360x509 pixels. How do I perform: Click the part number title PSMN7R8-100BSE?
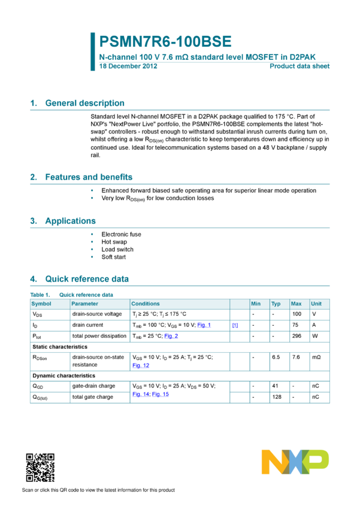[x=165, y=42]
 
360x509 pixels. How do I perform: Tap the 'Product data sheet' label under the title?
[x=300, y=66]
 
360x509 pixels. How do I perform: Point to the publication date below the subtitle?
[x=128, y=66]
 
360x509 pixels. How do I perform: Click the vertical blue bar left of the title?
[x=93, y=51]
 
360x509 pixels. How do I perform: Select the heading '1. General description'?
[x=77, y=103]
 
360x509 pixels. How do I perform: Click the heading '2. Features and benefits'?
[x=81, y=177]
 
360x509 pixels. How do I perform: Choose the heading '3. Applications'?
[x=63, y=221]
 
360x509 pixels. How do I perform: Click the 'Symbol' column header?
[x=41, y=304]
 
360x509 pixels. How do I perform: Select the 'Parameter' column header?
[x=84, y=304]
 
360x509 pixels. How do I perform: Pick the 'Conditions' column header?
[x=146, y=304]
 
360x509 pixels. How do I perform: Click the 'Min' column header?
[x=256, y=304]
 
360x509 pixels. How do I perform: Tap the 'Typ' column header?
[x=276, y=304]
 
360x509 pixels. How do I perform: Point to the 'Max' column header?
[x=296, y=304]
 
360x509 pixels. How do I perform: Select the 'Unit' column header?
[x=316, y=304]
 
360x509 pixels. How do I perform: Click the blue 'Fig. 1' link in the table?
[x=204, y=325]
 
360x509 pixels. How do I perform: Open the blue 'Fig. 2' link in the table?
[x=171, y=337]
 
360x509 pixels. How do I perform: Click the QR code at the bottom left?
[x=40, y=468]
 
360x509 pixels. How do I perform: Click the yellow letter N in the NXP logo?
[x=273, y=462]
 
